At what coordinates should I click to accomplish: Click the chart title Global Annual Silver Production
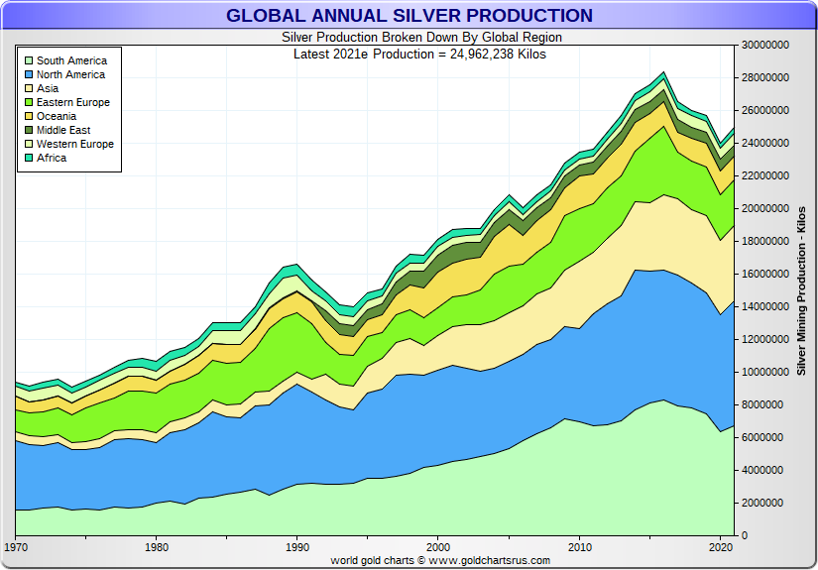tap(409, 16)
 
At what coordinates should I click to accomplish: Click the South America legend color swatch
tap(29, 61)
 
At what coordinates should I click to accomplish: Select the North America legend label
tap(70, 74)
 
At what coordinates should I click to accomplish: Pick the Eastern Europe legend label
tap(73, 102)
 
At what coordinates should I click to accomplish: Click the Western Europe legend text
tap(75, 144)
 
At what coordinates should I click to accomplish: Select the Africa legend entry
tap(52, 158)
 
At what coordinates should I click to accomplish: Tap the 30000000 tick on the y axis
tap(765, 46)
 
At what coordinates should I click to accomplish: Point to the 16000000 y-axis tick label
tap(765, 275)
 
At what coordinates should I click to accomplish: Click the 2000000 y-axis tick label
tap(762, 504)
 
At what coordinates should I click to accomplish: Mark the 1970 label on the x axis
tap(16, 547)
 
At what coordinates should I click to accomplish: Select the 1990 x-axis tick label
tap(296, 547)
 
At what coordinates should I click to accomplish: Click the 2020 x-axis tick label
tap(719, 547)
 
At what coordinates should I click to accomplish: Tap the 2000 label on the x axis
tap(437, 547)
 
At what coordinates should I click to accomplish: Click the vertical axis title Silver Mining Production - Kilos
tap(801, 291)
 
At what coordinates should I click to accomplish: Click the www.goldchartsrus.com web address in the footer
tap(490, 561)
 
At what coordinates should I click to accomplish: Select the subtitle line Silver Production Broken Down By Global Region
tap(409, 38)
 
